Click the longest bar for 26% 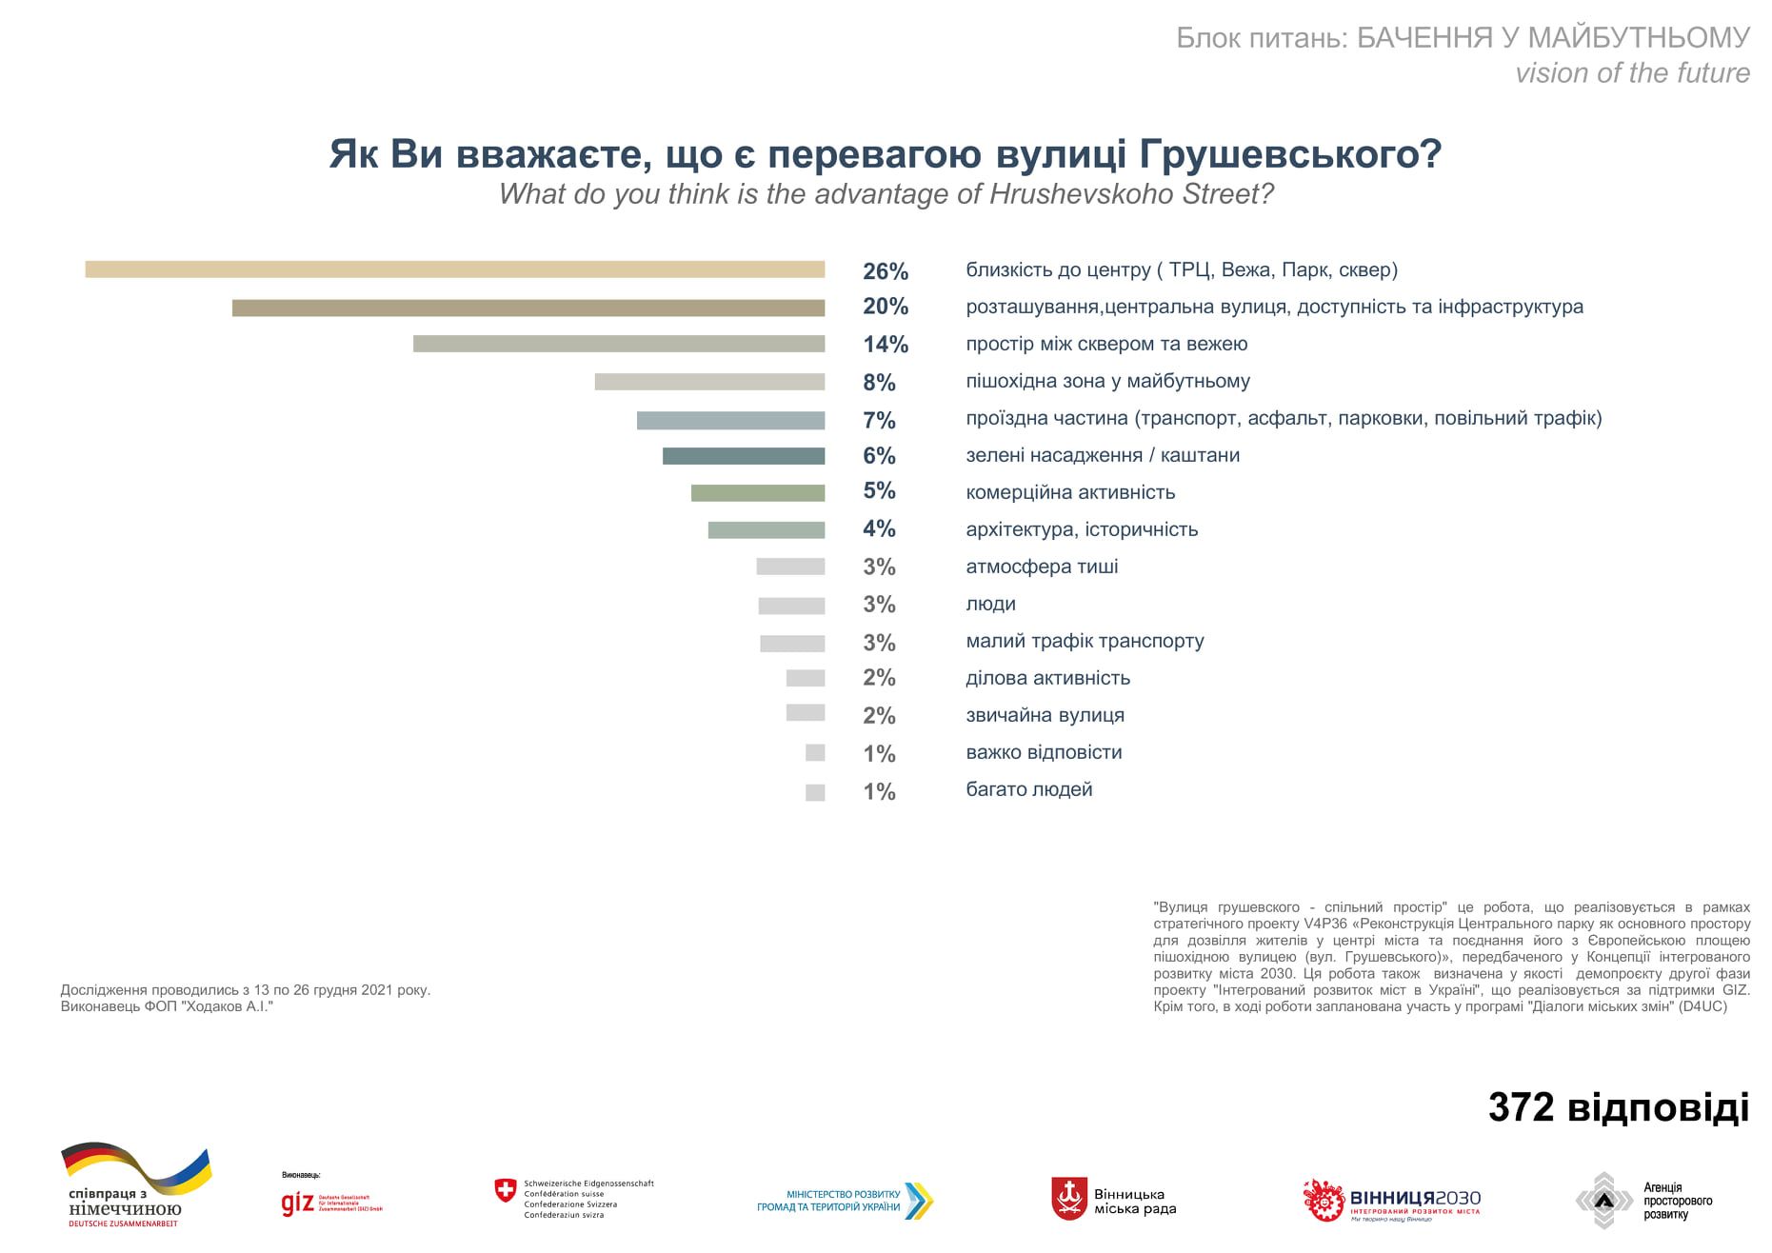click(x=455, y=269)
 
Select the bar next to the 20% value click(x=528, y=308)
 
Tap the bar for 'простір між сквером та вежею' click(x=619, y=344)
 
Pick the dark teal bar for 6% click(x=744, y=456)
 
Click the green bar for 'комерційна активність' click(x=758, y=492)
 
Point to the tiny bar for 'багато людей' click(x=815, y=792)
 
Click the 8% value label click(x=879, y=383)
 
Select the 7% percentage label click(x=879, y=420)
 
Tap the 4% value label click(x=879, y=528)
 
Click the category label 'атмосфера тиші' click(x=1042, y=567)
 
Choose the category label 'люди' click(x=990, y=604)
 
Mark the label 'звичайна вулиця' click(x=1045, y=715)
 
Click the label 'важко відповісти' click(x=1044, y=752)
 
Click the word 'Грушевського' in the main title click(x=1289, y=154)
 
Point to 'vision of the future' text click(x=1632, y=73)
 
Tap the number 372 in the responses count click(x=1521, y=1107)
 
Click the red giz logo click(x=298, y=1203)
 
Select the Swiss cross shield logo click(x=505, y=1190)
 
